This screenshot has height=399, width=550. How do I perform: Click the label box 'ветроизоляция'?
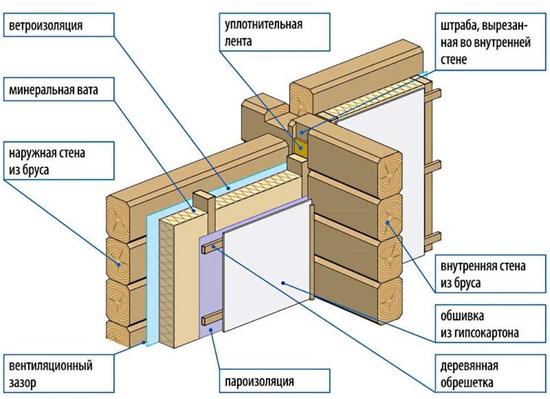[59, 25]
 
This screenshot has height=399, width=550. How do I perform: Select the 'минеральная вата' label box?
[59, 90]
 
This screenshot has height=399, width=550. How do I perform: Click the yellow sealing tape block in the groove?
[300, 145]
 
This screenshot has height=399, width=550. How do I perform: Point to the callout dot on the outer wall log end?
[118, 262]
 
